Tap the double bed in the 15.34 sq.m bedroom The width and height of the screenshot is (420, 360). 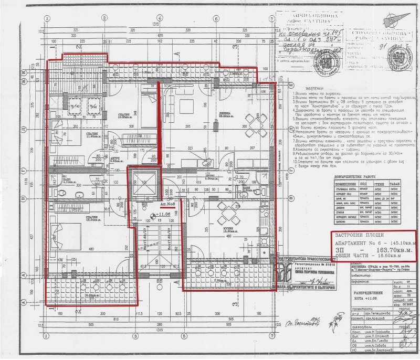click(62, 236)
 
